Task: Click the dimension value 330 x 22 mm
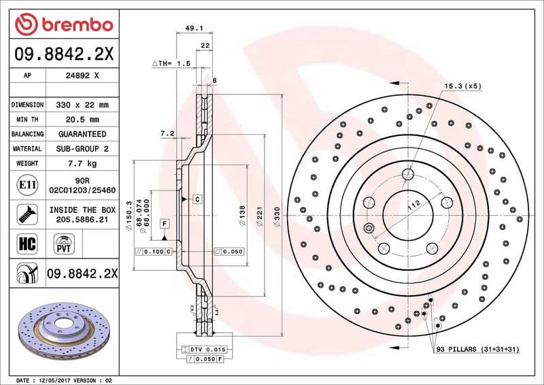[x=83, y=105]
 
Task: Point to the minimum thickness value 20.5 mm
[x=83, y=120]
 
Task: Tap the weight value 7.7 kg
[x=83, y=163]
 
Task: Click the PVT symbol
[x=65, y=244]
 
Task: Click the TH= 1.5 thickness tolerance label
[x=171, y=63]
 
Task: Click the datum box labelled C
[x=197, y=199]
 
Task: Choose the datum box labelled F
[x=165, y=224]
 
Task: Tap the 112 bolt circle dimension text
[x=413, y=205]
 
